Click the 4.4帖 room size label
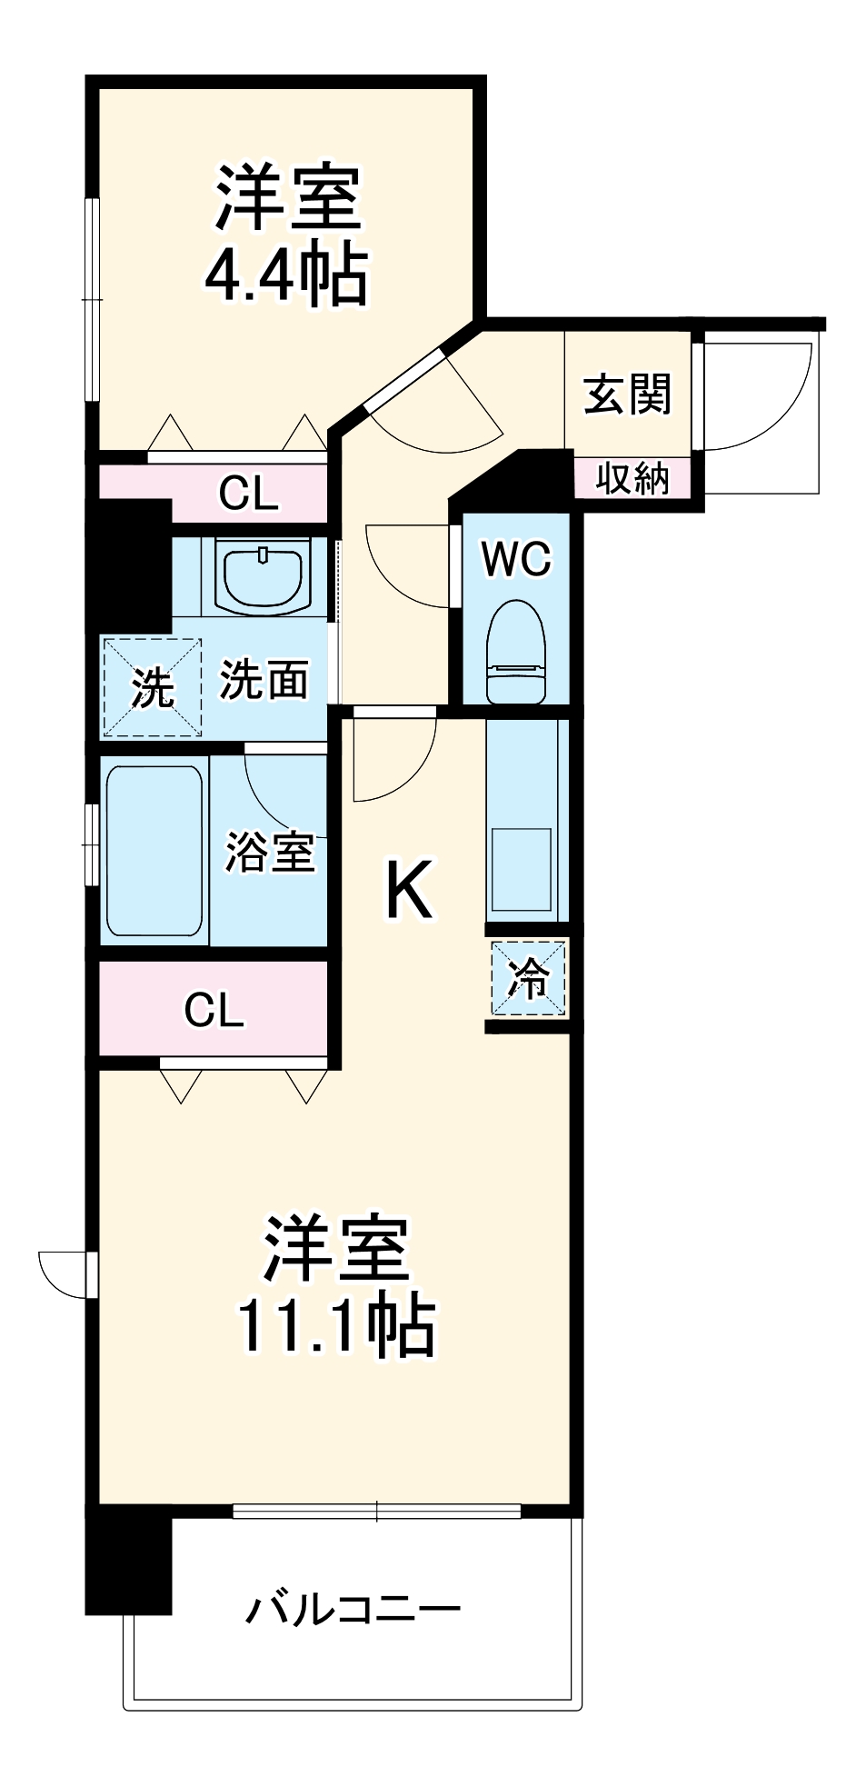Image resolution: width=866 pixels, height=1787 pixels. [x=285, y=274]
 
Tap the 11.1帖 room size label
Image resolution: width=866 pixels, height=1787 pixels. [x=335, y=1326]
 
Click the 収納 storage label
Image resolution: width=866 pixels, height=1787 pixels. [x=632, y=478]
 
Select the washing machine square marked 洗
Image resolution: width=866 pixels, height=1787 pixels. [x=152, y=687]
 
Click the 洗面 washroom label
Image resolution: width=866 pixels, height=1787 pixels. [x=264, y=679]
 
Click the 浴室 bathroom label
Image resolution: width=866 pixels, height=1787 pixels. [x=269, y=852]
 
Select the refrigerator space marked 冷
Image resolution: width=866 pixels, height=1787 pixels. [x=529, y=978]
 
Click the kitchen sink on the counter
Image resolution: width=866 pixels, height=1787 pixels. [x=522, y=868]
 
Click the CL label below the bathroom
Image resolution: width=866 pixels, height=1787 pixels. [x=214, y=1009]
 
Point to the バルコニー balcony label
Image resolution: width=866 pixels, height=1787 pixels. [x=353, y=1610]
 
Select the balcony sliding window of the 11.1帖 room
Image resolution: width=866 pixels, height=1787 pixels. [x=377, y=1512]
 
